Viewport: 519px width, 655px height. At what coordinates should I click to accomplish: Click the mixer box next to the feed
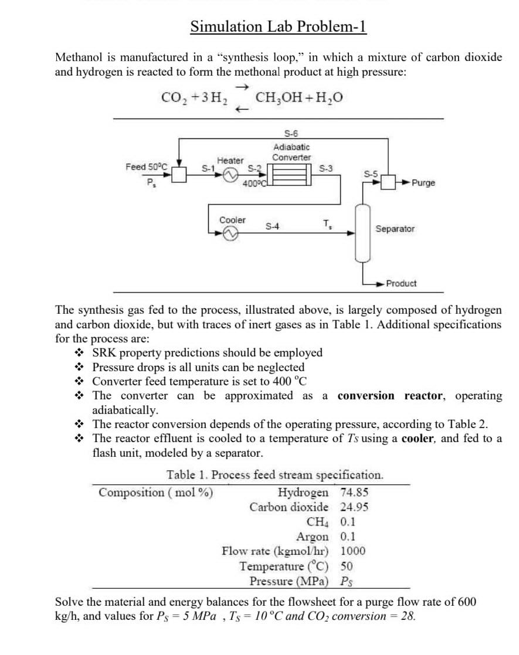tap(179, 174)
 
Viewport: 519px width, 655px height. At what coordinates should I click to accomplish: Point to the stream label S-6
tap(291, 134)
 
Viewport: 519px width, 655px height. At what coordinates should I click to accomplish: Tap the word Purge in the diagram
tap(423, 183)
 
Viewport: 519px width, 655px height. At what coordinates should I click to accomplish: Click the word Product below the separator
tap(401, 283)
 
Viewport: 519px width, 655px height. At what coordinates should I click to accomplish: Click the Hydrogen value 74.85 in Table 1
tap(354, 492)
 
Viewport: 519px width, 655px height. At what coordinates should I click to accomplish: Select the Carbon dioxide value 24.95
tap(354, 507)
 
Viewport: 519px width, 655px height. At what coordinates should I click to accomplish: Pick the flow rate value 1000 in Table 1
tap(352, 551)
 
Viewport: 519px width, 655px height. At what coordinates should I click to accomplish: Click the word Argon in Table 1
tap(313, 537)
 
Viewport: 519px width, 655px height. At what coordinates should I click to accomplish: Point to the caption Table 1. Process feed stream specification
tap(275, 474)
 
